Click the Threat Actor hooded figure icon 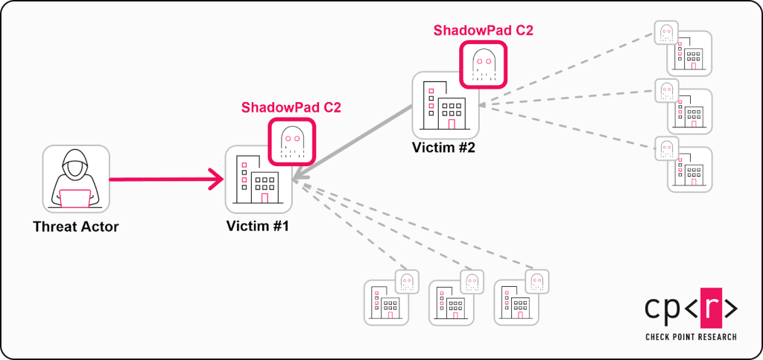tap(76, 178)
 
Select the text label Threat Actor tap(76, 226)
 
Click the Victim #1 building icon tap(258, 180)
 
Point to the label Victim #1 tap(258, 226)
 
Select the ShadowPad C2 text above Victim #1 tap(291, 107)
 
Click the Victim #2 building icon tap(446, 105)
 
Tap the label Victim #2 tap(444, 147)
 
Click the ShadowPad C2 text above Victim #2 tap(484, 31)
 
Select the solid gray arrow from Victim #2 tap(354, 144)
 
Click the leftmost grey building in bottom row tap(386, 302)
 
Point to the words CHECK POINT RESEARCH tap(691, 338)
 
